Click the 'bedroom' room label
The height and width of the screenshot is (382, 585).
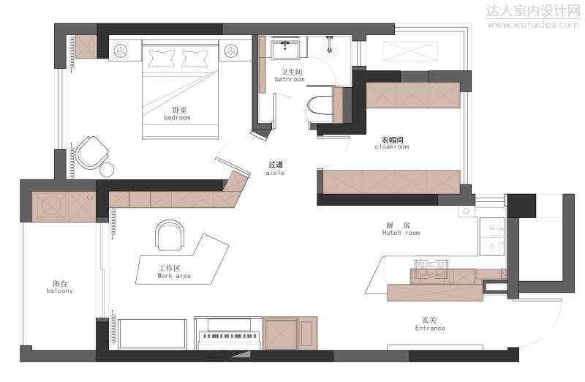point(177,118)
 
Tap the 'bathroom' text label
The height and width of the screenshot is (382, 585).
point(290,79)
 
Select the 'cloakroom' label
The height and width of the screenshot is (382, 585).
point(392,147)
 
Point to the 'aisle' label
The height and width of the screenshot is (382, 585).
point(276,173)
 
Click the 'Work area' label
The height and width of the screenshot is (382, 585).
point(174,276)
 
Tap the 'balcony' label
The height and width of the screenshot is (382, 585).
point(60,291)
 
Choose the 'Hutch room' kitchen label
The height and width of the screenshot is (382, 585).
point(401,233)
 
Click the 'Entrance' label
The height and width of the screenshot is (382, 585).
point(430,329)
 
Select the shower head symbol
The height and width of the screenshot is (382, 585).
point(330,48)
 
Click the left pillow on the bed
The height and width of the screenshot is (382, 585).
point(162,58)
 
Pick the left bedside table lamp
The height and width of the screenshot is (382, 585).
point(121,50)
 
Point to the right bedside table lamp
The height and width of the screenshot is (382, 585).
point(230,50)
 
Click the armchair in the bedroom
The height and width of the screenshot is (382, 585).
point(92,153)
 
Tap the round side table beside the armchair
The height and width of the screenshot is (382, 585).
point(107,170)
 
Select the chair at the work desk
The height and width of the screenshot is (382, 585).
point(170,235)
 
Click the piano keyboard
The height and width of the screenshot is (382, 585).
point(229,336)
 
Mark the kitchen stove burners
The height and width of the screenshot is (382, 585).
point(431,268)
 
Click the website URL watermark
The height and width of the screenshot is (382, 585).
point(533,25)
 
